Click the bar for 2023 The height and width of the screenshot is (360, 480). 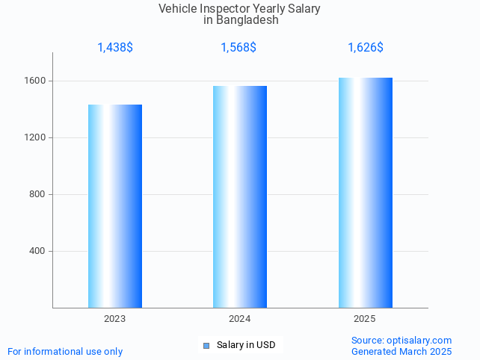point(115,206)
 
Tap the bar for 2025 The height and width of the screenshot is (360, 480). point(365,193)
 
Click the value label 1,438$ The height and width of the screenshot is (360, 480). point(115,48)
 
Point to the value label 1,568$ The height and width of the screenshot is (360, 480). point(239,48)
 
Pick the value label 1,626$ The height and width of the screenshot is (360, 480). point(366,48)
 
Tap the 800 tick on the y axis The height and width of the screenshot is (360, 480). point(37,194)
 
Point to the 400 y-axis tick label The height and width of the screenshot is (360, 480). point(37,251)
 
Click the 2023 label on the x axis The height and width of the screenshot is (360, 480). point(115,319)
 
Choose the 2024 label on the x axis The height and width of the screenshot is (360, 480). point(240,319)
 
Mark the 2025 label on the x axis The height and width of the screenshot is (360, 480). point(365,319)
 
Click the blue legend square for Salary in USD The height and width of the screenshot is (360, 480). point(206,345)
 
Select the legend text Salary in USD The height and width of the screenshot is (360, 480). point(246,345)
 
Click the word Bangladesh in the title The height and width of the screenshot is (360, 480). point(247,20)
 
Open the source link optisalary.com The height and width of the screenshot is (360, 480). point(418,341)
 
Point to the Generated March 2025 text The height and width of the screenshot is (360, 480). point(401,351)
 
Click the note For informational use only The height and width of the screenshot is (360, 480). point(65,351)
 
